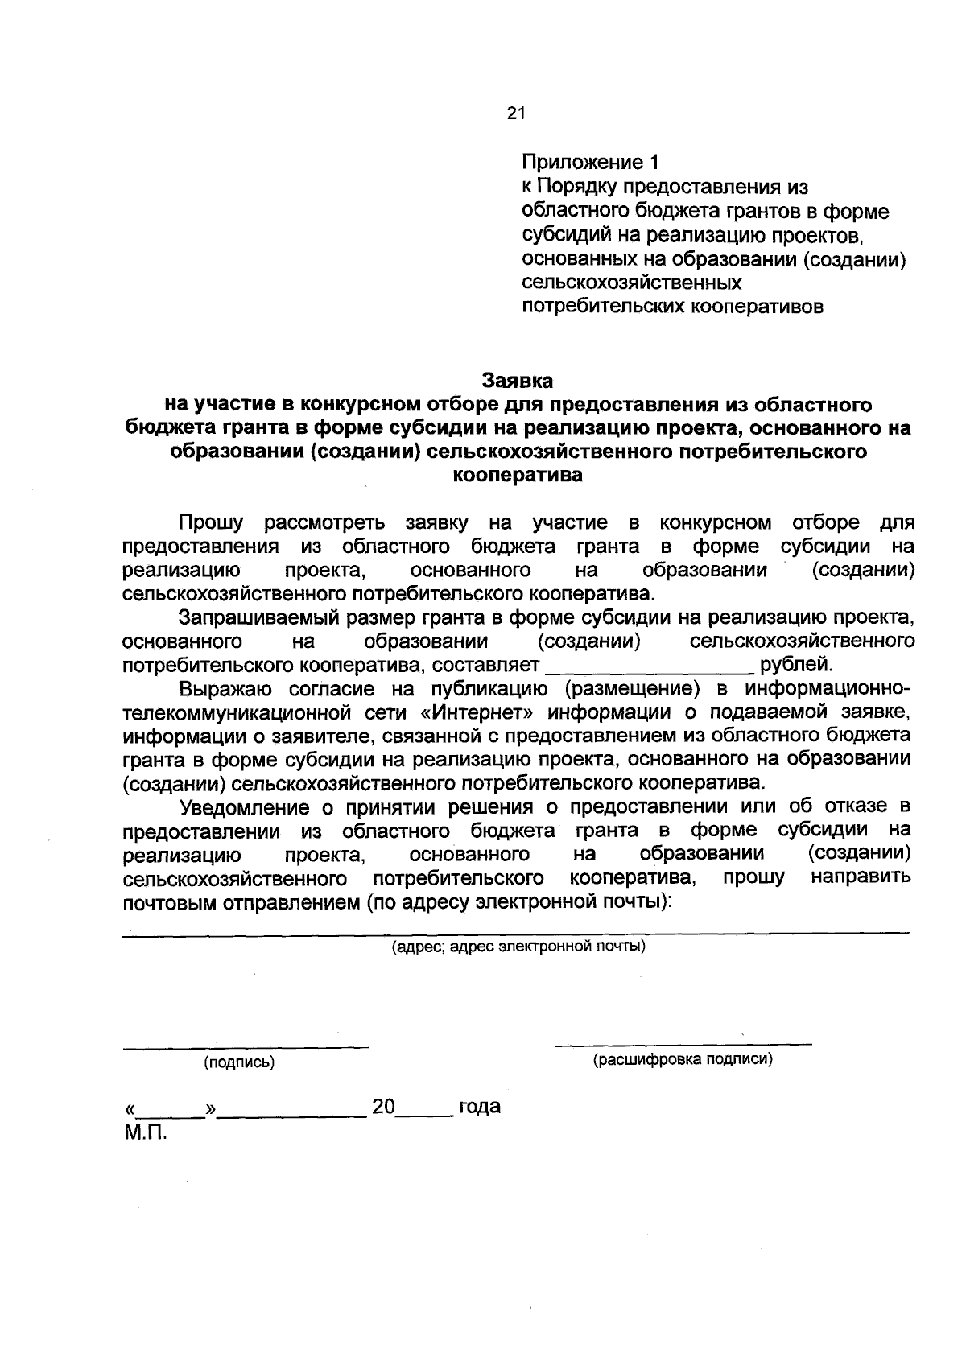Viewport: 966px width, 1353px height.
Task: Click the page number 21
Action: pyautogui.click(x=516, y=113)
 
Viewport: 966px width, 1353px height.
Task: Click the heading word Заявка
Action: pyautogui.click(x=518, y=379)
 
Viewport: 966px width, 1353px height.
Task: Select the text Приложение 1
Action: pyautogui.click(x=590, y=163)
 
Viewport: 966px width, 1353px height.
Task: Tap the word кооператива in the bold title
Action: pyautogui.click(x=518, y=475)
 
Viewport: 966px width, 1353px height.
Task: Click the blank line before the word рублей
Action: pyautogui.click(x=650, y=667)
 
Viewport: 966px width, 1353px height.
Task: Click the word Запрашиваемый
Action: pyautogui.click(x=256, y=618)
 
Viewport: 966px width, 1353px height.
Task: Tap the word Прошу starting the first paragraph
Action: pyautogui.click(x=211, y=523)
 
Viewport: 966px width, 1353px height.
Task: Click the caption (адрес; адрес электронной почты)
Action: pyautogui.click(x=518, y=947)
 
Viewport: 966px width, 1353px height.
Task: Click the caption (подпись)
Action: pyautogui.click(x=239, y=1062)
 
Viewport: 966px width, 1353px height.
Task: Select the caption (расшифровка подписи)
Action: pyautogui.click(x=683, y=1059)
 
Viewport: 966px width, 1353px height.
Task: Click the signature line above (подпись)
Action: pyautogui.click(x=246, y=1047)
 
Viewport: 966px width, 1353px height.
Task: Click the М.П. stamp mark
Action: pyautogui.click(x=145, y=1133)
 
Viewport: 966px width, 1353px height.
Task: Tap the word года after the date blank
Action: pyautogui.click(x=479, y=1107)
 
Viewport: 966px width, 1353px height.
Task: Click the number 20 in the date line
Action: pyautogui.click(x=384, y=1107)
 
